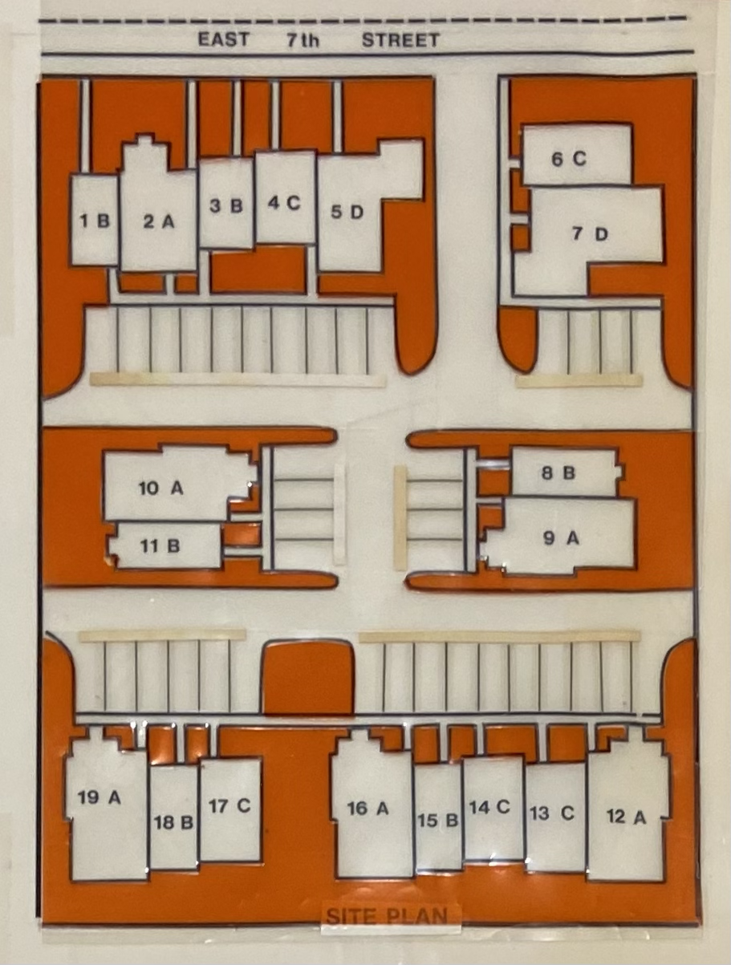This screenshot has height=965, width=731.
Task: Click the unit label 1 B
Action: click(x=95, y=221)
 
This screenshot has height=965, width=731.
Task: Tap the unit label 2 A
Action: click(x=159, y=221)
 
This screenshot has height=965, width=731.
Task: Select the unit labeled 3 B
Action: click(x=226, y=205)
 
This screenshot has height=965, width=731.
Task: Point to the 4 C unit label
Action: click(x=284, y=203)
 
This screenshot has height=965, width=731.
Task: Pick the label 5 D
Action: click(x=347, y=213)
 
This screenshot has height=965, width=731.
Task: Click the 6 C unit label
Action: click(x=569, y=159)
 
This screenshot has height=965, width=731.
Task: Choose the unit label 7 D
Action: click(x=590, y=234)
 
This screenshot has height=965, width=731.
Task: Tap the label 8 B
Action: click(x=558, y=473)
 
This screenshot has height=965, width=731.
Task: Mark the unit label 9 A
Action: click(x=562, y=537)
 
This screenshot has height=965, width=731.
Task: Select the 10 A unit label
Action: click(x=160, y=488)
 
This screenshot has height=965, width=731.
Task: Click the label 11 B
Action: click(x=160, y=546)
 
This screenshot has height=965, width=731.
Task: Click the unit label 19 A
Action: click(x=99, y=797)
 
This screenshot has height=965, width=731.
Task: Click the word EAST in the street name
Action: click(x=223, y=39)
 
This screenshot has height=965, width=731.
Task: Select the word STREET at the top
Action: click(x=400, y=40)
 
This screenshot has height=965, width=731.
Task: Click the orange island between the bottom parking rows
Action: click(x=307, y=677)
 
